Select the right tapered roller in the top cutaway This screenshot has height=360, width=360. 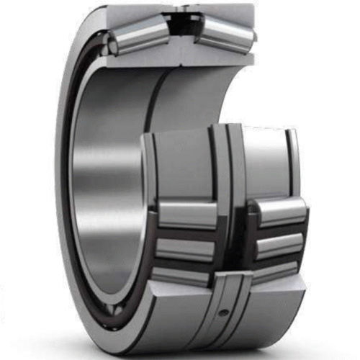[x=223, y=33]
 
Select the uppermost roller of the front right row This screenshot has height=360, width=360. [x=278, y=211]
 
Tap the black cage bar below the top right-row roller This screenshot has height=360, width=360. [x=278, y=228]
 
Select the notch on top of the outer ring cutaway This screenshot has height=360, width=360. [x=184, y=9]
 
